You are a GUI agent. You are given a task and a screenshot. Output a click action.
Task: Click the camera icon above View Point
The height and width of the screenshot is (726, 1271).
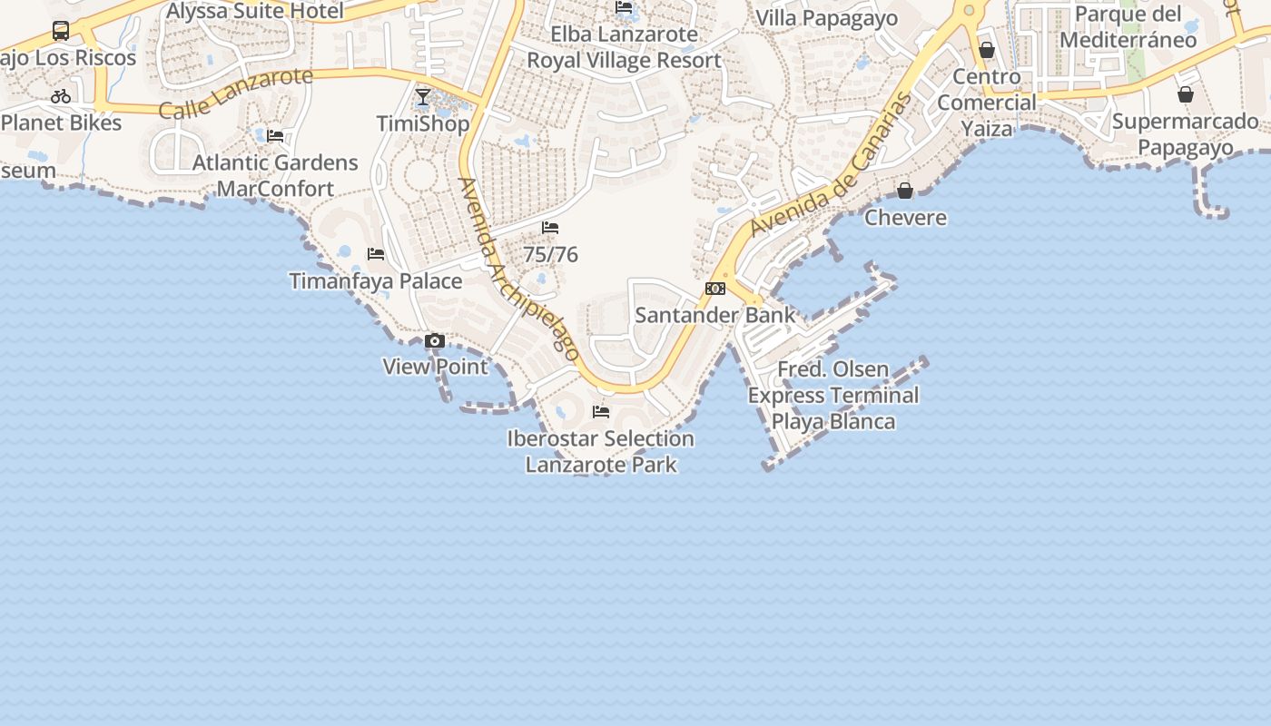click(435, 341)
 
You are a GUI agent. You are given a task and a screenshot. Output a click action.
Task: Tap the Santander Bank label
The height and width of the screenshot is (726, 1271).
click(714, 315)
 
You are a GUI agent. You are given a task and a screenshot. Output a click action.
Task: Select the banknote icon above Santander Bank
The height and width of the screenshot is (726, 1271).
click(715, 289)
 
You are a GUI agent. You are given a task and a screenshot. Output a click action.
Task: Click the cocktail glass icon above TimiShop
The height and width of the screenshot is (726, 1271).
click(423, 96)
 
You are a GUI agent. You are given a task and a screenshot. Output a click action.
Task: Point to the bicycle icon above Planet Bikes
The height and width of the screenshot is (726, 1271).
click(61, 96)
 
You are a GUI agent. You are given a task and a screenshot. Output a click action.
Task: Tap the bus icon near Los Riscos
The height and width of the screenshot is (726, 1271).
click(61, 31)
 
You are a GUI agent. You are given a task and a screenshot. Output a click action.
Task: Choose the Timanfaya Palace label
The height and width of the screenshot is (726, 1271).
click(376, 280)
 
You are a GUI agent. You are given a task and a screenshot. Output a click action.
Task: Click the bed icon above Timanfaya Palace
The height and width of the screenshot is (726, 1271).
click(376, 254)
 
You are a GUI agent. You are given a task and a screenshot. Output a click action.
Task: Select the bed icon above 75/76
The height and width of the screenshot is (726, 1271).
click(550, 228)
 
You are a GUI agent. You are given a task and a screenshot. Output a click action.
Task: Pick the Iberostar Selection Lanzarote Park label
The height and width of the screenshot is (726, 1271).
click(601, 452)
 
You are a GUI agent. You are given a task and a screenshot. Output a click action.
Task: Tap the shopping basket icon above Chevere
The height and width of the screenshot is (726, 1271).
click(905, 191)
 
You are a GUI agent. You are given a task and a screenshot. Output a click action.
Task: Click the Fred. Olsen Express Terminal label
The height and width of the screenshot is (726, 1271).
click(833, 396)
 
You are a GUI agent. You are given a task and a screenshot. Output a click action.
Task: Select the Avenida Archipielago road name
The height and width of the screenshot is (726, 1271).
click(519, 270)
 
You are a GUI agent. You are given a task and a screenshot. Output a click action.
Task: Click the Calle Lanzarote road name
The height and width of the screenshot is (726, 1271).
click(236, 93)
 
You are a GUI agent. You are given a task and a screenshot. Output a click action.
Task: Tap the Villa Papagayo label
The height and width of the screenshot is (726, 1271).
click(826, 18)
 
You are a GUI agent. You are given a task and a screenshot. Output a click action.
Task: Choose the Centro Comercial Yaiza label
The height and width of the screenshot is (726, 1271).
click(987, 103)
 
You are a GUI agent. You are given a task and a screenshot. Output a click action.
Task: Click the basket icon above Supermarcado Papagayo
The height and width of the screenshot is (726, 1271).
click(1186, 94)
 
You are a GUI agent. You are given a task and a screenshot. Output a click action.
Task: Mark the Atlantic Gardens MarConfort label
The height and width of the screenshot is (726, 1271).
click(275, 176)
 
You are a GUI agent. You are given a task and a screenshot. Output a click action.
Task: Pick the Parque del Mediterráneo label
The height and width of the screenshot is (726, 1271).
click(1128, 27)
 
